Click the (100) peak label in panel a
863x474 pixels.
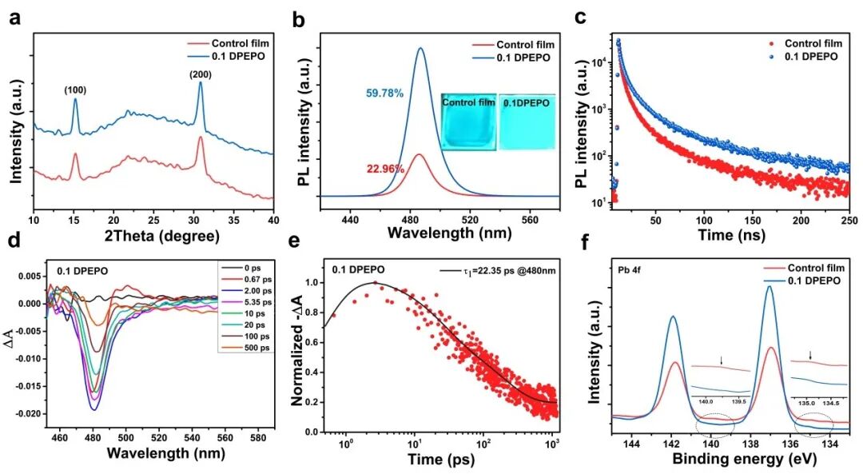tap(75, 90)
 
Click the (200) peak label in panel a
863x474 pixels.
tap(200, 74)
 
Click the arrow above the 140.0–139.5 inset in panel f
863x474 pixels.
tap(722, 360)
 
